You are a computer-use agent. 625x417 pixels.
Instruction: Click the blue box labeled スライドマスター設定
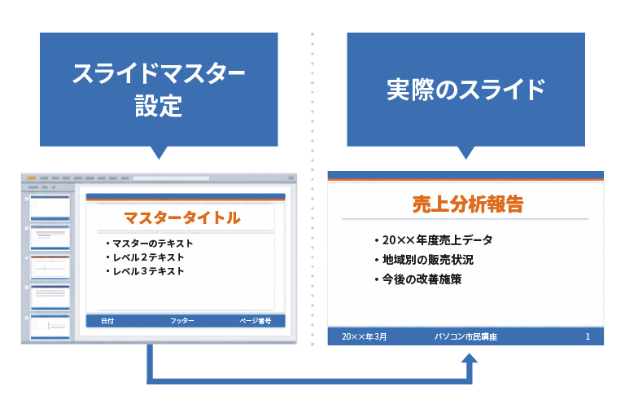159,90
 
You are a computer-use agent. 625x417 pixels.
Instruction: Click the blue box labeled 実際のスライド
465,90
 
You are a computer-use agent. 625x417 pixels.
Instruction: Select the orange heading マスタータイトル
181,218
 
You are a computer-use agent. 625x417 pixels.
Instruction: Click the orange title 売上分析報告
467,204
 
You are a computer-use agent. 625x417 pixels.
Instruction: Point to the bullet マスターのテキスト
152,244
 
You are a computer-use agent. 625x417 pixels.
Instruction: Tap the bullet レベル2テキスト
148,257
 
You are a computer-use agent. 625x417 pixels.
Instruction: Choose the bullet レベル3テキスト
148,271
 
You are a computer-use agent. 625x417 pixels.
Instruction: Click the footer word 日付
107,321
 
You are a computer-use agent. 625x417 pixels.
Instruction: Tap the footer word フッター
182,321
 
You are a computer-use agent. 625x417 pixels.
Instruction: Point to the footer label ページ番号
256,321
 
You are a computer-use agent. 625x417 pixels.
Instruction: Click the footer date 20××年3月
365,336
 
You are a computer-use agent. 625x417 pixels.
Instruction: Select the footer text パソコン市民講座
465,336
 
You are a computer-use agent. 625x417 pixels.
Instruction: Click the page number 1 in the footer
588,336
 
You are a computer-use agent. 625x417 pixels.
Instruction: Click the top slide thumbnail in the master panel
50,208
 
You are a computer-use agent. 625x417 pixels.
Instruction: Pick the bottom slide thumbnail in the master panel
50,327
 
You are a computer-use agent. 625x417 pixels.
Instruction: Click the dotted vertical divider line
312,204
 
